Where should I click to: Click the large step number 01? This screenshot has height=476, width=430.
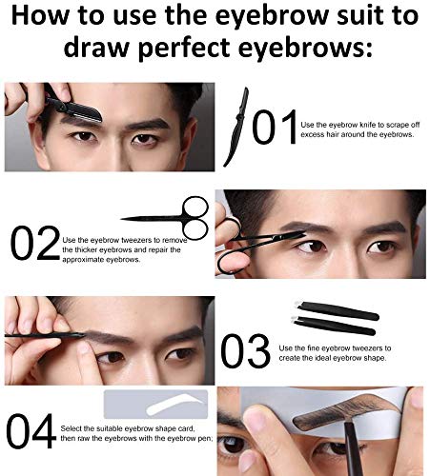(x=274, y=128)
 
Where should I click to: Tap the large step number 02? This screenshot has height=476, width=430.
(x=35, y=244)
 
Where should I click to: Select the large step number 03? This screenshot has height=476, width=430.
(x=247, y=348)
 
